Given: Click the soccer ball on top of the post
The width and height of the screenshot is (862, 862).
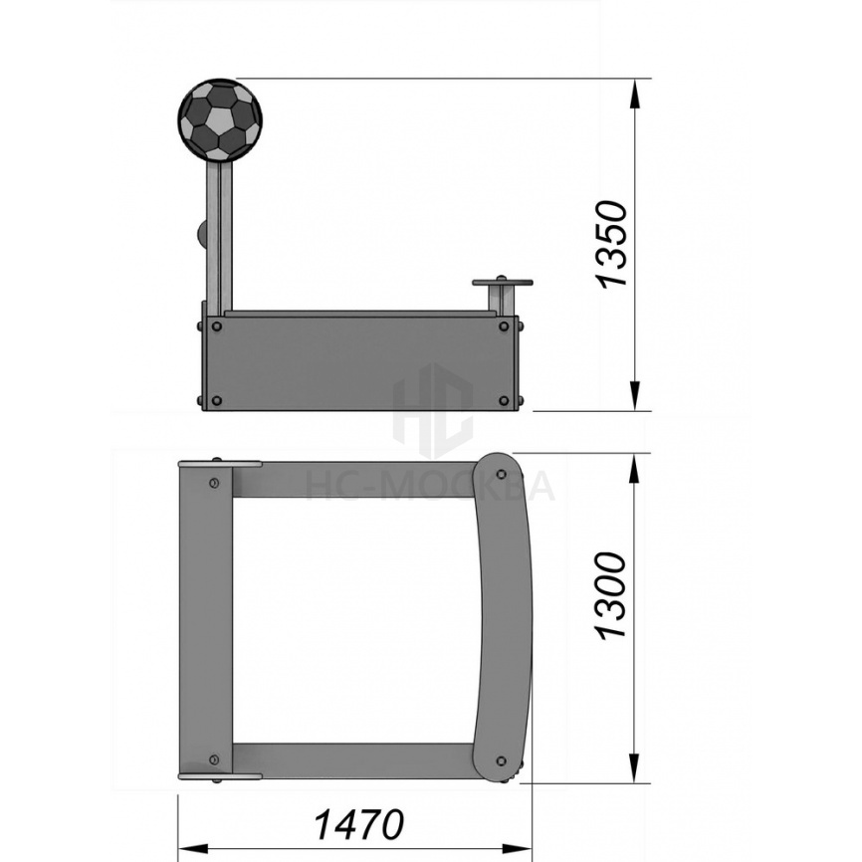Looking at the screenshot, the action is [x=220, y=120].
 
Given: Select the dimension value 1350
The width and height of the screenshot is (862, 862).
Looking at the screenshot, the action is [x=612, y=244].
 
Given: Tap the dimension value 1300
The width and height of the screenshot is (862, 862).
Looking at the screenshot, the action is [x=611, y=595].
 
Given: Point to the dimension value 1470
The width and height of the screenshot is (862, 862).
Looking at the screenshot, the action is [x=358, y=824].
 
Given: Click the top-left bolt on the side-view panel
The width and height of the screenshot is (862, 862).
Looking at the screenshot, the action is [x=217, y=326].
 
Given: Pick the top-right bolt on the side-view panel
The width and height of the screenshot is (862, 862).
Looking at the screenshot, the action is [x=504, y=326].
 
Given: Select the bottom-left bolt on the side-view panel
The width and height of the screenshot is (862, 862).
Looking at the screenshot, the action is [x=217, y=400].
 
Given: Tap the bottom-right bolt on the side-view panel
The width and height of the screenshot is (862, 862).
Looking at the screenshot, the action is [x=504, y=400].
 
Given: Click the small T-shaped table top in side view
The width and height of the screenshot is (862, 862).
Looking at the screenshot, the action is [x=503, y=283].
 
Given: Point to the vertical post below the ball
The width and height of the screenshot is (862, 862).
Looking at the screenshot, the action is [x=219, y=236].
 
